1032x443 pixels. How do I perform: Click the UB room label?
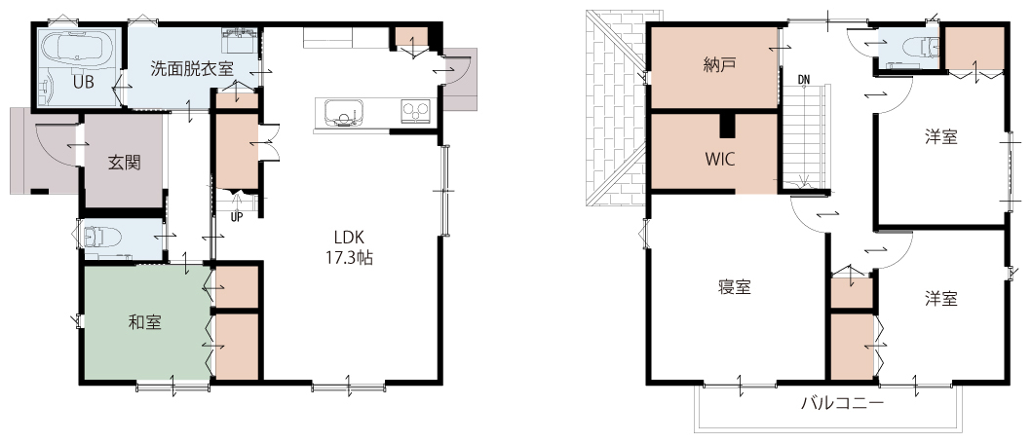(x=82, y=83)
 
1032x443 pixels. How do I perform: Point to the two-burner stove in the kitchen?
(x=415, y=111)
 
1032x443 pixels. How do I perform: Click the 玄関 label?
(x=124, y=162)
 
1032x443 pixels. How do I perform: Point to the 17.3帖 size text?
(x=349, y=258)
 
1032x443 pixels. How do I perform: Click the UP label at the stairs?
(x=236, y=215)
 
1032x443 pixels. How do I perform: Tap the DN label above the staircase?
(x=804, y=80)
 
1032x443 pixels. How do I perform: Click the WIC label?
(x=719, y=159)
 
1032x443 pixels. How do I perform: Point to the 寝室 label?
(x=735, y=286)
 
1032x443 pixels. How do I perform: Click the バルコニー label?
(x=842, y=403)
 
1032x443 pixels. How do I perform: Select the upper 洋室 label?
(x=940, y=136)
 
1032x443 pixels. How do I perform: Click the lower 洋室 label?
(x=940, y=298)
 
